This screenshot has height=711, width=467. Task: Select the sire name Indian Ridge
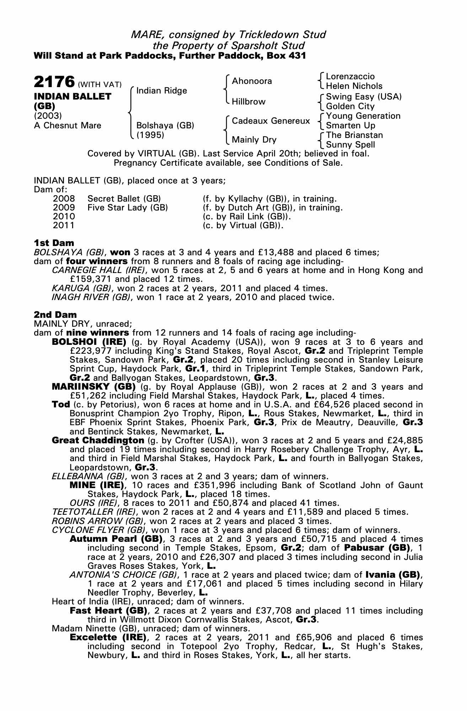(161, 91)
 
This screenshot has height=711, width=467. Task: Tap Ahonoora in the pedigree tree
(252, 81)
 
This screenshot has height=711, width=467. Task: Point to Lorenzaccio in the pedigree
(350, 76)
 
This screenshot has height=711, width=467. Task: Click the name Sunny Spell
(350, 145)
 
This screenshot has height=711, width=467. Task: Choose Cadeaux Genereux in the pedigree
(271, 121)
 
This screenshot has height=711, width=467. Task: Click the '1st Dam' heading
(54, 243)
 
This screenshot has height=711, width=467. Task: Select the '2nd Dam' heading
(55, 315)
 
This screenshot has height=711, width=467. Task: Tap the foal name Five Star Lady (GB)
(127, 207)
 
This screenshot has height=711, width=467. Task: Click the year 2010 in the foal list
(64, 216)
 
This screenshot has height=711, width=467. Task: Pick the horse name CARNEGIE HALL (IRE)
(98, 270)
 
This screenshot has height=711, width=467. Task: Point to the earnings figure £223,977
(90, 351)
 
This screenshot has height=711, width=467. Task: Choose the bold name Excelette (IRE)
(108, 637)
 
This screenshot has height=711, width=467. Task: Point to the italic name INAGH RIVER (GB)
(91, 297)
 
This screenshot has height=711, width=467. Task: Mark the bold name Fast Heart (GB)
(108, 610)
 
